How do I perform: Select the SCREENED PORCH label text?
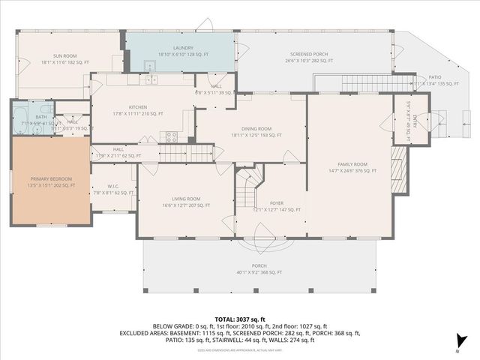coord(310,55)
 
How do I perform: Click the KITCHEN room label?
coord(137,107)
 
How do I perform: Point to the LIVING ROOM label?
coord(185,199)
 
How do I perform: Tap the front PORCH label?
coord(259,266)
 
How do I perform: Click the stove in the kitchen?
coord(171,136)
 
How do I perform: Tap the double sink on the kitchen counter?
coord(151,79)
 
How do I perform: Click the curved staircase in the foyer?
coord(250,180)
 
